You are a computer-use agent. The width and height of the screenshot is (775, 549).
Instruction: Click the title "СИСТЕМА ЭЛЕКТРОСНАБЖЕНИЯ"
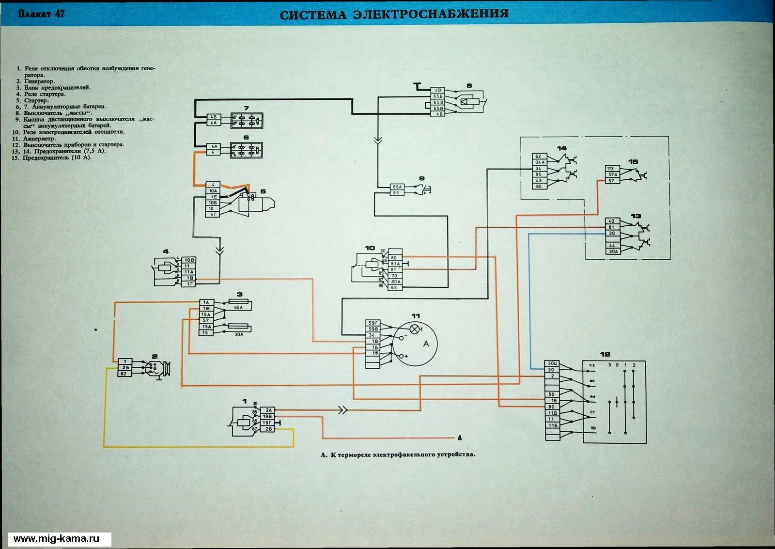[x=394, y=14]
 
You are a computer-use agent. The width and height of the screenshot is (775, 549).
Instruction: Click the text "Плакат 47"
[x=41, y=14]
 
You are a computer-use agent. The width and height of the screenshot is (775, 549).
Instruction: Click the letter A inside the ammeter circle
[x=426, y=344]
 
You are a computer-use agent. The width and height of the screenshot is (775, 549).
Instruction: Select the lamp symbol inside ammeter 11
[x=415, y=329]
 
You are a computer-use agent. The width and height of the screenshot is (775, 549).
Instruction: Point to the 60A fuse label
[x=238, y=307]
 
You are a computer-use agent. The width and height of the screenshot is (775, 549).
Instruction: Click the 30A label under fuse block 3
[x=238, y=334]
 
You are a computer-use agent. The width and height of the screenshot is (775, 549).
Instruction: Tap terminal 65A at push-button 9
[x=397, y=187]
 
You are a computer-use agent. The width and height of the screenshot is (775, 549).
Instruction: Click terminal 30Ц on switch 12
[x=552, y=363]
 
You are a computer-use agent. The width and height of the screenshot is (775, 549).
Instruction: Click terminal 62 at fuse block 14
[x=538, y=156]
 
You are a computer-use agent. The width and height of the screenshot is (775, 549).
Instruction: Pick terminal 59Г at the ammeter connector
[x=373, y=323]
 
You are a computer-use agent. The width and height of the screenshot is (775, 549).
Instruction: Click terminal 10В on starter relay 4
[x=189, y=260]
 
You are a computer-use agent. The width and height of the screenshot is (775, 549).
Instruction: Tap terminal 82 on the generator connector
[x=124, y=374]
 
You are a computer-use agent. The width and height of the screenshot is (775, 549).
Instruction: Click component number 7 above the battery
[x=246, y=107]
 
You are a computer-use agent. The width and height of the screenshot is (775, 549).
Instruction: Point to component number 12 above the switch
[x=605, y=354]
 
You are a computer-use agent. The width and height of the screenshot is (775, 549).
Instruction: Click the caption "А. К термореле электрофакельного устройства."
[x=398, y=455]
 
